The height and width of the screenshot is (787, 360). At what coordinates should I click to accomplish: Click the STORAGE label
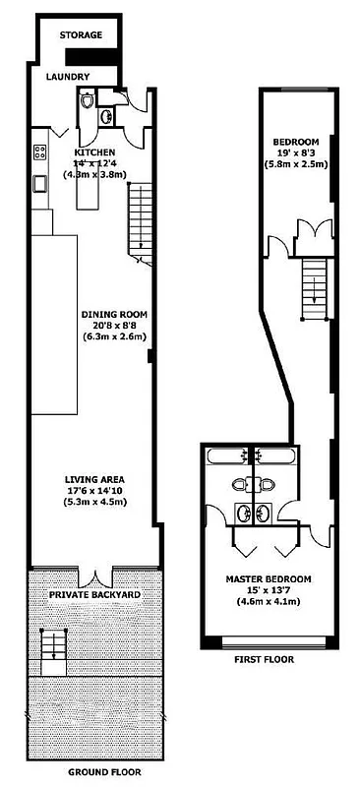(x=81, y=34)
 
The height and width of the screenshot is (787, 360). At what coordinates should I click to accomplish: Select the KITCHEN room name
(x=96, y=152)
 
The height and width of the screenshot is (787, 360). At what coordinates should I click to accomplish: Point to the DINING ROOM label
(x=116, y=316)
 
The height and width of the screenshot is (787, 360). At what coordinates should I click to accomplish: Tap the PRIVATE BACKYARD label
(x=94, y=596)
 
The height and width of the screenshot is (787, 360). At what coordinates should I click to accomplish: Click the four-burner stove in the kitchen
(x=42, y=152)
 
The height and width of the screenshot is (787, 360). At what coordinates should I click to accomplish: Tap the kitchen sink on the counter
(x=40, y=183)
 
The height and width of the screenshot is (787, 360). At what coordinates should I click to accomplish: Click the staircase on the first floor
(x=313, y=286)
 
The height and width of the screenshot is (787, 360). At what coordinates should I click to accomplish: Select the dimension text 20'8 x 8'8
(x=116, y=327)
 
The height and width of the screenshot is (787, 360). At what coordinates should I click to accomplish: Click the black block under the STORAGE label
(x=108, y=58)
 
